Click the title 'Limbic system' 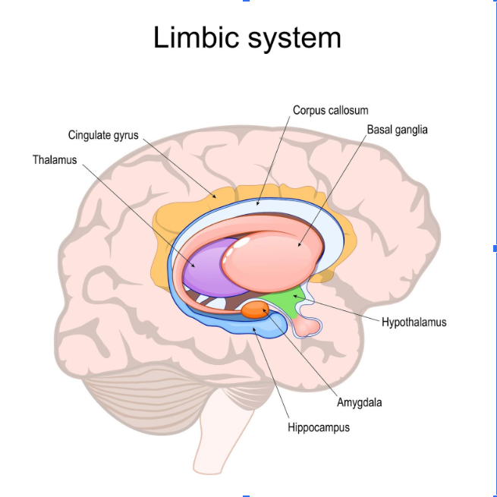(247, 37)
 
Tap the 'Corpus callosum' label (330, 111)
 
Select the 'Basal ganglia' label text (397, 130)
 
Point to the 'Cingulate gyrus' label (103, 136)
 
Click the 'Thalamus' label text (55, 160)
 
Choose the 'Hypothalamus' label (414, 322)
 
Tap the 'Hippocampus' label (319, 427)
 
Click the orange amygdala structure (255, 309)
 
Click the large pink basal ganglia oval (269, 254)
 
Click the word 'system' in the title (296, 37)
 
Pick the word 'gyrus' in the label (126, 136)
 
